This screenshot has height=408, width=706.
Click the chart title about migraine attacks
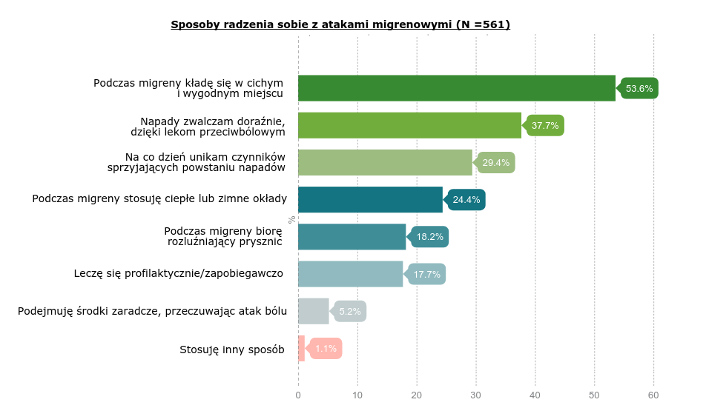(340, 24)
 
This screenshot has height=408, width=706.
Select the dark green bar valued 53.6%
(456, 88)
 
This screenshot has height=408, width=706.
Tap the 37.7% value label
(545, 126)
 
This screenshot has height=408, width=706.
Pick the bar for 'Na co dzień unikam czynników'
(385, 162)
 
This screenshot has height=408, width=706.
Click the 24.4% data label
(466, 200)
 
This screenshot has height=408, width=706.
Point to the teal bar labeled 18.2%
(352, 237)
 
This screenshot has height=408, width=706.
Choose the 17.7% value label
(427, 275)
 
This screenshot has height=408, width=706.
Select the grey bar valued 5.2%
(313, 312)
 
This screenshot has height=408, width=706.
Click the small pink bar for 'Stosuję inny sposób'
(301, 349)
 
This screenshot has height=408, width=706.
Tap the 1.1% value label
(326, 349)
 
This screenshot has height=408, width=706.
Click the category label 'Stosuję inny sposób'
(232, 350)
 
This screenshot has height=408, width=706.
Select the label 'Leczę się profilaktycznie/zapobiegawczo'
(179, 273)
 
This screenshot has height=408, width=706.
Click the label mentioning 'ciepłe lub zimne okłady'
(159, 198)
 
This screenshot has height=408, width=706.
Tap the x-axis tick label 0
(298, 395)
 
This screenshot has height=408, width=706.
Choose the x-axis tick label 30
(476, 395)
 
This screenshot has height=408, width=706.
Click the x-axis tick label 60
(653, 395)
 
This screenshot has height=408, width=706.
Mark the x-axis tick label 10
(357, 395)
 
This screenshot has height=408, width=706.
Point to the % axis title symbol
(291, 219)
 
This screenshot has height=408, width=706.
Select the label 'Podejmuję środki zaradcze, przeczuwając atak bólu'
(152, 311)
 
